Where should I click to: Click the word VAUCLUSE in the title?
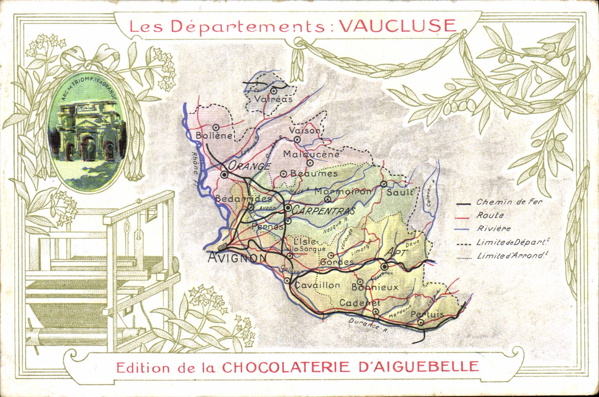tap(397, 25)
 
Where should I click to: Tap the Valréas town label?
tap(274, 99)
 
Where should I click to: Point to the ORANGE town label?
tap(250, 166)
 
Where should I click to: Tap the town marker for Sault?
tap(384, 183)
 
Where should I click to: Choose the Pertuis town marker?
tap(421, 322)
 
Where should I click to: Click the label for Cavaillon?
tap(317, 285)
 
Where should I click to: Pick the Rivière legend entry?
tap(494, 229)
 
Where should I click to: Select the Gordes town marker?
tap(330, 255)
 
